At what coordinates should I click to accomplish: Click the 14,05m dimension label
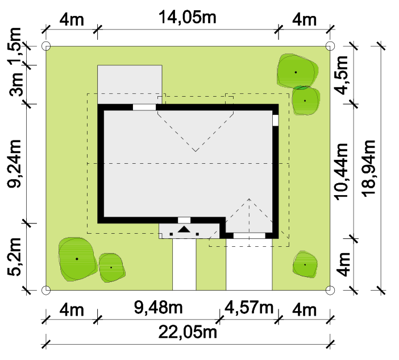click(x=188, y=18)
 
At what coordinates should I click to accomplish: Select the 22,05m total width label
click(x=188, y=332)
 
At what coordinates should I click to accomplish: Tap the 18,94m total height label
click(x=369, y=168)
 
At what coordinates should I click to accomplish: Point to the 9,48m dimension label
click(x=158, y=307)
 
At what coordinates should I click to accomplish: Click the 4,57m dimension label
click(x=249, y=307)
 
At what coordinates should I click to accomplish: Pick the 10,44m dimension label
click(x=341, y=172)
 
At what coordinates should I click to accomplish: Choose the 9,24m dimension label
click(x=14, y=164)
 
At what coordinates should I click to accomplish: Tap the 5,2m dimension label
click(x=14, y=256)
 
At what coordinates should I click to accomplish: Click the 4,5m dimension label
click(x=341, y=75)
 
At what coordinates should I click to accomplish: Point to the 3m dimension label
click(x=16, y=84)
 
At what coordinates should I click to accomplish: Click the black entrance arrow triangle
click(x=184, y=229)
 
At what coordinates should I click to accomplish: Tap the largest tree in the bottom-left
click(x=77, y=259)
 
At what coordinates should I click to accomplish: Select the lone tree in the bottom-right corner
click(x=305, y=264)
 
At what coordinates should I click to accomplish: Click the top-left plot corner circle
click(x=46, y=46)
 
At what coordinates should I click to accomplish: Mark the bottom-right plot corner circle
click(x=330, y=290)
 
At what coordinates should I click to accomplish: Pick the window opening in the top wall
click(x=144, y=107)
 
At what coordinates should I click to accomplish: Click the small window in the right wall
click(x=275, y=121)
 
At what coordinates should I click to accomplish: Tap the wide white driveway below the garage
click(x=249, y=264)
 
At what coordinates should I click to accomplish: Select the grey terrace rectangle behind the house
click(x=130, y=85)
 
